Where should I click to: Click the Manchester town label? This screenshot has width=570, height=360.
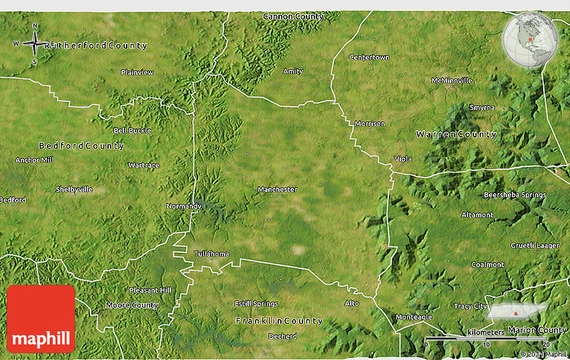point(277,190)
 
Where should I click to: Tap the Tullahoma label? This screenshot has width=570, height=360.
point(211,254)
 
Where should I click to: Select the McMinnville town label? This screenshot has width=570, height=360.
point(451,80)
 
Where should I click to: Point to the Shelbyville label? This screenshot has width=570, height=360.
point(74,190)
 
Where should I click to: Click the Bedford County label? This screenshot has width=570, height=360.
point(81,145)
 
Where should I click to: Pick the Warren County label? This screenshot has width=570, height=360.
point(456,134)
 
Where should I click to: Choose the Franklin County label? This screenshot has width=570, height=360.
point(279,321)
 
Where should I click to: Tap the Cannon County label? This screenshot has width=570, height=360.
point(293,16)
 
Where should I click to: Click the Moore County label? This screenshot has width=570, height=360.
point(131,305)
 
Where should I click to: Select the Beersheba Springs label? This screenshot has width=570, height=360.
point(514,195)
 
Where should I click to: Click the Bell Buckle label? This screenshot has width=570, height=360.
point(132,131)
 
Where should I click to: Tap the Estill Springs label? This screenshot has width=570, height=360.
point(256,304)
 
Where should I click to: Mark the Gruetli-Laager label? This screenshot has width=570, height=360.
point(534,245)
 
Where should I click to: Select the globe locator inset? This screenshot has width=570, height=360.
point(530,40)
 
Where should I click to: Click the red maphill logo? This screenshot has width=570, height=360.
point(41,319)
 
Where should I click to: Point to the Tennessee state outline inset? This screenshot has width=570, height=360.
point(516,312)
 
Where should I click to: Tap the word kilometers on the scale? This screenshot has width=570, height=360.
point(486,333)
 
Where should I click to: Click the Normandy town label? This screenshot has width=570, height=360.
point(184,206)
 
